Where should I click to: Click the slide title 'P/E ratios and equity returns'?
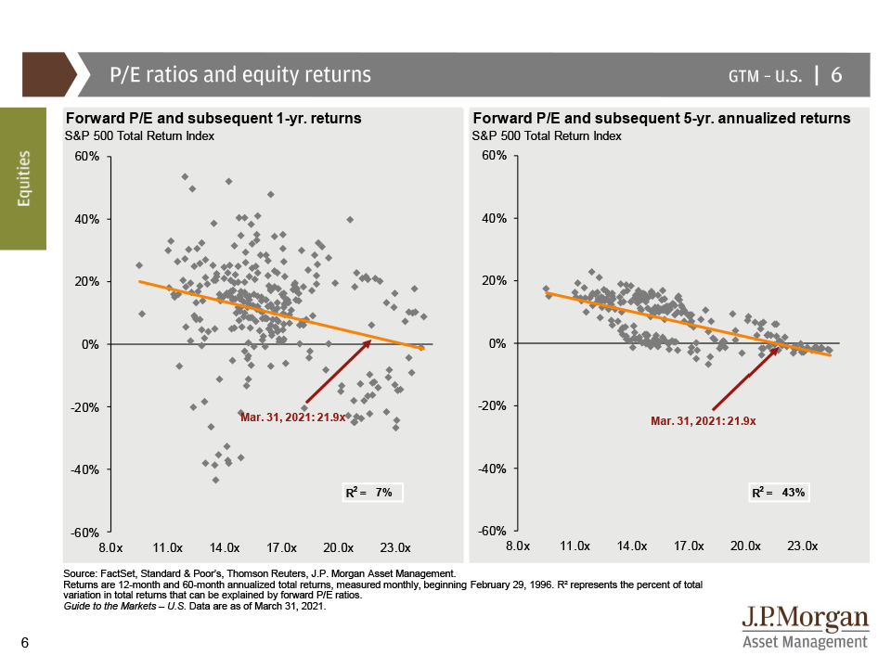click(x=240, y=75)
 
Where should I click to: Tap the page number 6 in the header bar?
click(x=836, y=75)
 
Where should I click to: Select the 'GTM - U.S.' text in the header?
click(x=765, y=76)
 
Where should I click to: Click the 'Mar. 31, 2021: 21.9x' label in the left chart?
click(x=292, y=417)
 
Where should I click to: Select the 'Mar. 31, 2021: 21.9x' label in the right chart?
click(x=704, y=420)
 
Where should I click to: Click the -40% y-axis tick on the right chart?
click(x=491, y=469)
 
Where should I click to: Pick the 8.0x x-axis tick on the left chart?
click(x=111, y=547)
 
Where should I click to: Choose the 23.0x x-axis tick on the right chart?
click(x=801, y=547)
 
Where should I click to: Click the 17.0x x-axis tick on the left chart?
click(x=281, y=547)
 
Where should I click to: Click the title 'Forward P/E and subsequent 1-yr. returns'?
click(x=213, y=119)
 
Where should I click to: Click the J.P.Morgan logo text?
click(x=805, y=619)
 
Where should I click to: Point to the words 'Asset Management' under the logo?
click(x=805, y=642)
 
